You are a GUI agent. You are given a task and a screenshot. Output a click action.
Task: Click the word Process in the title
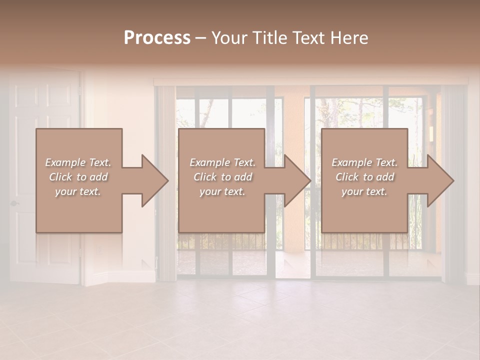(x=157, y=38)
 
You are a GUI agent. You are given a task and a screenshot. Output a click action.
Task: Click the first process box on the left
(x=78, y=210)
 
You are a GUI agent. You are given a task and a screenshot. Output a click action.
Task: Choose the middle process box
(x=221, y=210)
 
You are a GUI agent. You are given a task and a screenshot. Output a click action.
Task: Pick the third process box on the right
(x=364, y=210)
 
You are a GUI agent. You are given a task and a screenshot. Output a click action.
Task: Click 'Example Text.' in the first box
(x=78, y=162)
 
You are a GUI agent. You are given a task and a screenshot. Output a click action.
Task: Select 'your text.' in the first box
(x=78, y=191)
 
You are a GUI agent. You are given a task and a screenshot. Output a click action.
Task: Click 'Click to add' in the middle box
(x=222, y=177)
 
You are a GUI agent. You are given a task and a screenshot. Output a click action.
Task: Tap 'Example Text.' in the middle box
(x=222, y=162)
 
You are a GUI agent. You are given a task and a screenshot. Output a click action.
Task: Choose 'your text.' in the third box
(x=364, y=191)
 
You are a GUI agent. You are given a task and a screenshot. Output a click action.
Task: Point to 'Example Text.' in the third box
(x=364, y=162)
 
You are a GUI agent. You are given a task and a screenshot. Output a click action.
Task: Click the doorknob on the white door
(x=14, y=203)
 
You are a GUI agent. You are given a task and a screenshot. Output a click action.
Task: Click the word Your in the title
(x=229, y=38)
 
